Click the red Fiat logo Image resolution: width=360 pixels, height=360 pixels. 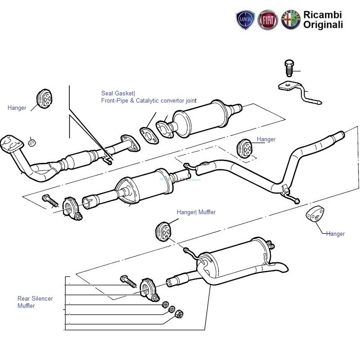click(x=268, y=21)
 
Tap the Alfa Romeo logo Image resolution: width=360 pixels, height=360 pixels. click(x=290, y=21)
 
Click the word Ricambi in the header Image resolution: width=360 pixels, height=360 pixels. click(x=323, y=15)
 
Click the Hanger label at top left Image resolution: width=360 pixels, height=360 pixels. click(x=17, y=108)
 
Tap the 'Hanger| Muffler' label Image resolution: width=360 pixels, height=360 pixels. click(x=196, y=212)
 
